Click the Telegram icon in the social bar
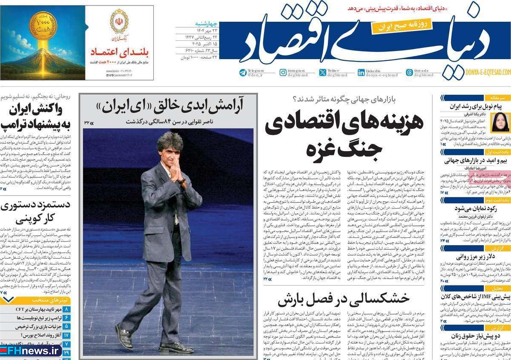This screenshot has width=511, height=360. [x=243, y=72]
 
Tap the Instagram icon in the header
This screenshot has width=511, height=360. [x=283, y=72]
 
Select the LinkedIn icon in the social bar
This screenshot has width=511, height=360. [x=361, y=72]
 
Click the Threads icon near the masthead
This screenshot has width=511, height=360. [x=409, y=72]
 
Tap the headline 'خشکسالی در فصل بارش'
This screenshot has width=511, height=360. [x=344, y=301]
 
